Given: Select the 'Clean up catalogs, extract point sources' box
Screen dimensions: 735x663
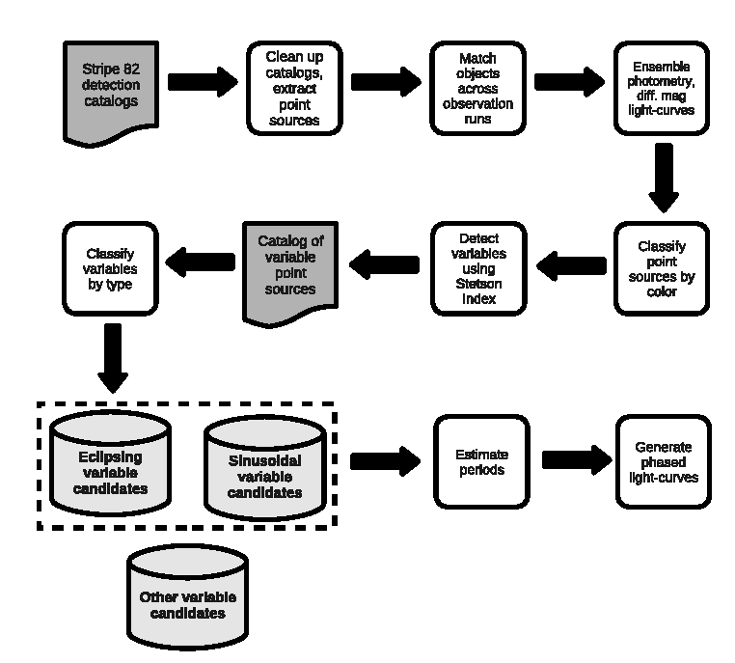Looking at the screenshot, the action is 294,88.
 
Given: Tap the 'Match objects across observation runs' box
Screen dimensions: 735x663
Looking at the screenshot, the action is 477,88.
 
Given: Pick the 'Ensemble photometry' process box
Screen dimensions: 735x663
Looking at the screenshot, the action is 662,88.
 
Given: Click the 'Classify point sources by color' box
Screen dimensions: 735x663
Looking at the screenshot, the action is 662,268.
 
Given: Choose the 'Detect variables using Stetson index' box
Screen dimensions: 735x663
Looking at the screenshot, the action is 478,268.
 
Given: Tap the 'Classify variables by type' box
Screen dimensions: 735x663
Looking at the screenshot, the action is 110,268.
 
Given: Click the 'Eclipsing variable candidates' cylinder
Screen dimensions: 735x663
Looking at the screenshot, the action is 110,464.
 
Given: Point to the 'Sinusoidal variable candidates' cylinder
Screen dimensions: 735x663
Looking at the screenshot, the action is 265,468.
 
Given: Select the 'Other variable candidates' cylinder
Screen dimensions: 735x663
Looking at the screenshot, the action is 187,597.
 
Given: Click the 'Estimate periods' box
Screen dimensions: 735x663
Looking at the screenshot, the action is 482,462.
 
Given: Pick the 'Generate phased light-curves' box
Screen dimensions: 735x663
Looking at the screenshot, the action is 664,462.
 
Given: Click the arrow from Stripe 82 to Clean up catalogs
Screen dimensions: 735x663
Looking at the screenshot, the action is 203,82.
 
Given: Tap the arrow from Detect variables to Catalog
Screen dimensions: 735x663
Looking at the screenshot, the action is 384,264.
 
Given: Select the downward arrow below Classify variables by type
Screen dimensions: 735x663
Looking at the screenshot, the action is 113,358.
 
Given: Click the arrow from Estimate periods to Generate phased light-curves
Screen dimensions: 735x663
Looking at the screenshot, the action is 577,460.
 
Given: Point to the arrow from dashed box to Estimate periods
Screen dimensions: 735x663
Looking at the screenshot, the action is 385,461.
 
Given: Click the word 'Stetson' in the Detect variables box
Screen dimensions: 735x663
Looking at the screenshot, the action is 478,284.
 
